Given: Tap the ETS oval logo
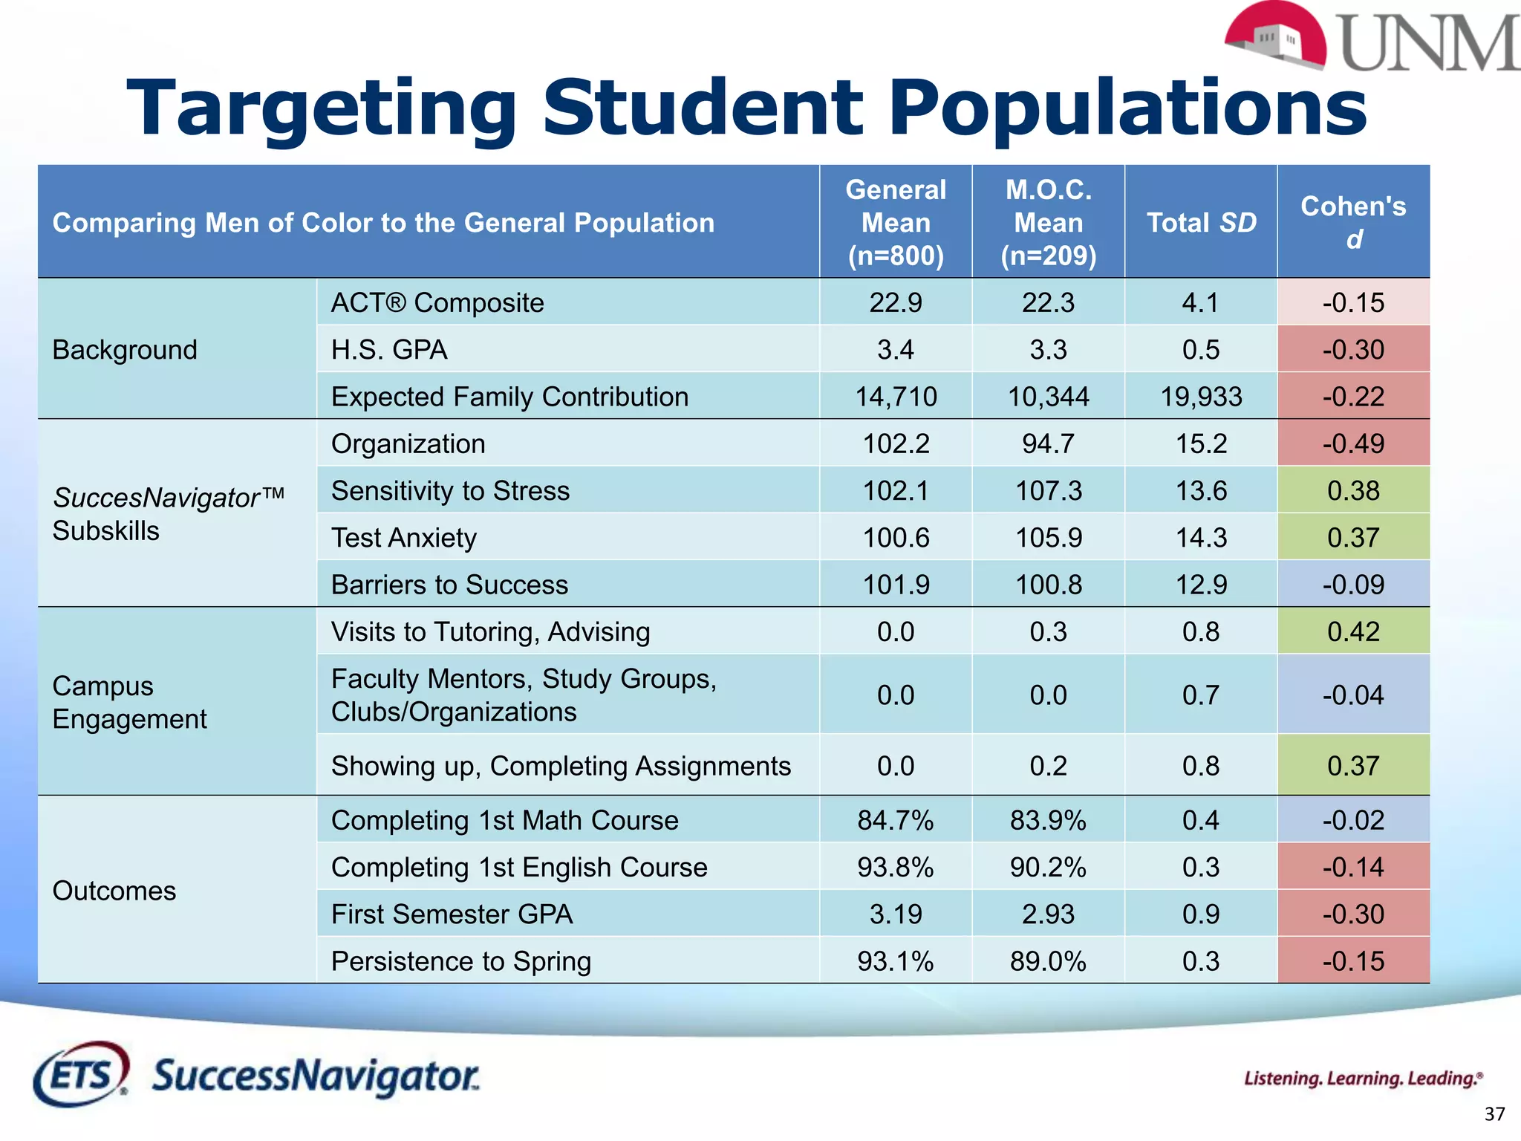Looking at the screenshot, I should [80, 1075].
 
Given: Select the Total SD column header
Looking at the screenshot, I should [1201, 223].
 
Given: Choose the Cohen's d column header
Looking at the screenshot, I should [1353, 222].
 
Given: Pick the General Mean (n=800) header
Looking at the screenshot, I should [896, 223].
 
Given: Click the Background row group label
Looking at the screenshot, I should [125, 350].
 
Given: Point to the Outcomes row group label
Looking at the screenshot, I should [114, 891].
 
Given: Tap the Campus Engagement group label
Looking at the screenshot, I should [130, 702].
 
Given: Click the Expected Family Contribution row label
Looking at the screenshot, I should [509, 397].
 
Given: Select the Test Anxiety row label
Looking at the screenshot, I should [404, 538].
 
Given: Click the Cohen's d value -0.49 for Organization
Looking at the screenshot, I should [1353, 444].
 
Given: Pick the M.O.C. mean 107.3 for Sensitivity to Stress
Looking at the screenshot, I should [1048, 491].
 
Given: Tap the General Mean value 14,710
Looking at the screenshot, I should [896, 397].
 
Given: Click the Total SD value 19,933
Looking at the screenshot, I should [1201, 397].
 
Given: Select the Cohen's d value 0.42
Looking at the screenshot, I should [1353, 632].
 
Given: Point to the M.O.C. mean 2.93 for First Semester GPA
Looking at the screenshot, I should [1048, 914].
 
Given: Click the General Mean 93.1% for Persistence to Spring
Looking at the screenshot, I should [896, 961].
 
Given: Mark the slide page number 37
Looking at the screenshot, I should [1494, 1114].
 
